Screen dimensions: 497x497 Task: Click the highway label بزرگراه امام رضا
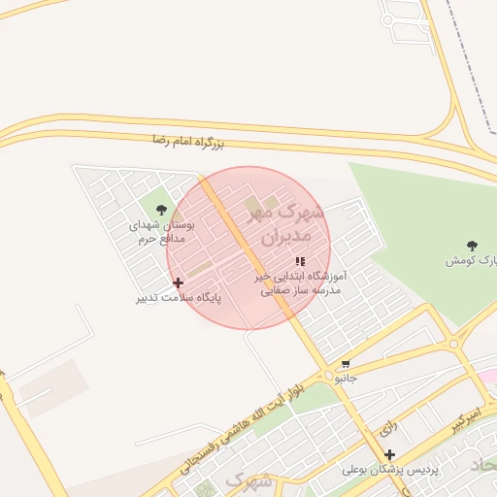188,143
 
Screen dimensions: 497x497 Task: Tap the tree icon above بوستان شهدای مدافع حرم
161,209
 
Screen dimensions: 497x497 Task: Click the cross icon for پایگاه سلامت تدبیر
178,282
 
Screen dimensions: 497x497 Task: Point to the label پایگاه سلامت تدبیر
180,297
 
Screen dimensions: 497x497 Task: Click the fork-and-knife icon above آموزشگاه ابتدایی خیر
300,261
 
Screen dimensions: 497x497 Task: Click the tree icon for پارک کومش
473,246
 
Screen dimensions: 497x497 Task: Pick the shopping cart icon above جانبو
346,364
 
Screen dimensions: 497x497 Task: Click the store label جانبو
346,377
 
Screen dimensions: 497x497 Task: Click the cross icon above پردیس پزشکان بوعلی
389,454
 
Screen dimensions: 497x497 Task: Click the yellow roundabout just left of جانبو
326,376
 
